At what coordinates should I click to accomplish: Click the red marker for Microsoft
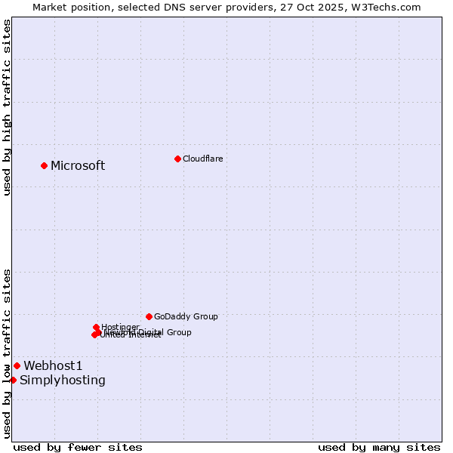[44, 165]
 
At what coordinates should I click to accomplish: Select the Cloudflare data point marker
[177, 159]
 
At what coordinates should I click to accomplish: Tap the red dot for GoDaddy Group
[149, 316]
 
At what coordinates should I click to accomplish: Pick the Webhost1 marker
[17, 365]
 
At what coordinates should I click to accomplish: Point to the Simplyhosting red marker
[13, 380]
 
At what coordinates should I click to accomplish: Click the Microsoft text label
[78, 166]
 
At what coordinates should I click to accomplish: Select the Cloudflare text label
[202, 159]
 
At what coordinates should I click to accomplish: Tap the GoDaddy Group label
[186, 317]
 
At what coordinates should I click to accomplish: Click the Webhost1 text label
[53, 366]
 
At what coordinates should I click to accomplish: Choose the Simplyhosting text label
[63, 381]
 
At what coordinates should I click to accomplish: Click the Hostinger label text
[120, 327]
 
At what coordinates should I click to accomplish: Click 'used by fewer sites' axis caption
[78, 447]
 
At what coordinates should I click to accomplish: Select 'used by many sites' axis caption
[379, 447]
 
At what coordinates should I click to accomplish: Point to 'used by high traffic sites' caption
[8, 107]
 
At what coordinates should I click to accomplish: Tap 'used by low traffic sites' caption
[8, 353]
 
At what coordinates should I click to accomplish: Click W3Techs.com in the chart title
[390, 7]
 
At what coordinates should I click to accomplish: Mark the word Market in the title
[50, 7]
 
